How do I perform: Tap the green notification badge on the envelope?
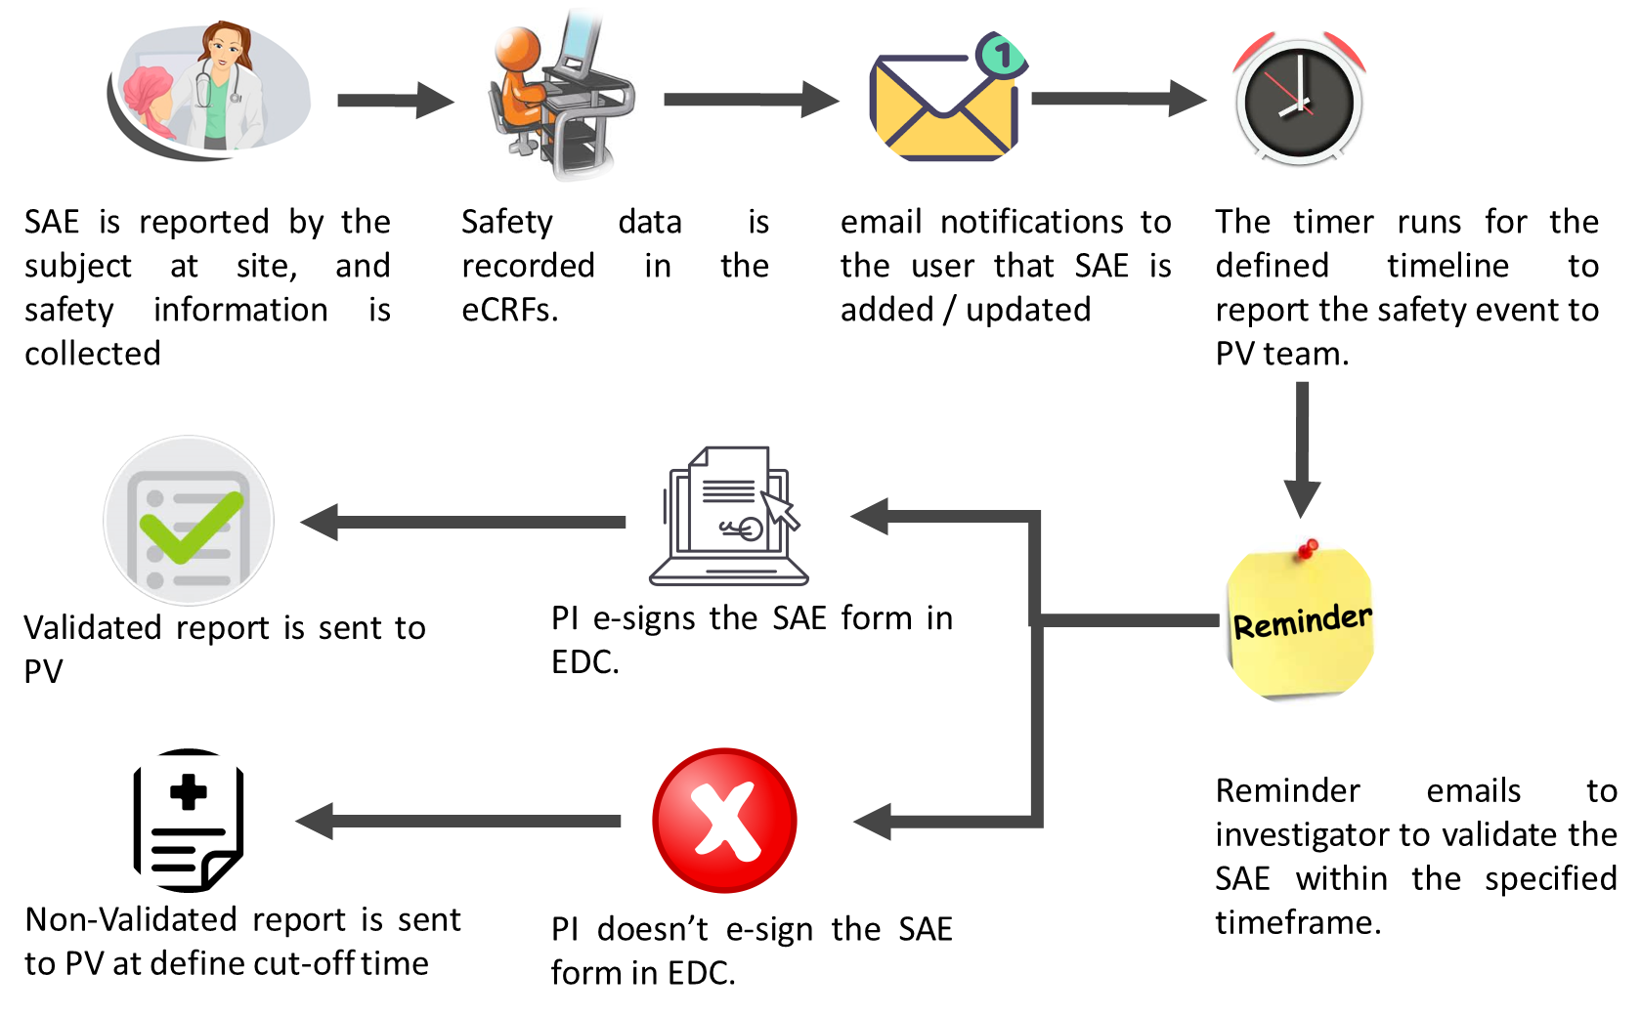coord(1001,55)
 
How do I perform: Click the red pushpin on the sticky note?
coord(1307,550)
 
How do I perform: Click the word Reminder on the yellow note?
coord(1302,621)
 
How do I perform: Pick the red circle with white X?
coord(724,821)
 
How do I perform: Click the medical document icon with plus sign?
coord(189,821)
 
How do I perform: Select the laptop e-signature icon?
coord(728,518)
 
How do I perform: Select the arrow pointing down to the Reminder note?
coord(1301,449)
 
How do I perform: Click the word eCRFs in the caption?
coord(508,310)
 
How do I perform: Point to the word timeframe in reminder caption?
coord(1297,922)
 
